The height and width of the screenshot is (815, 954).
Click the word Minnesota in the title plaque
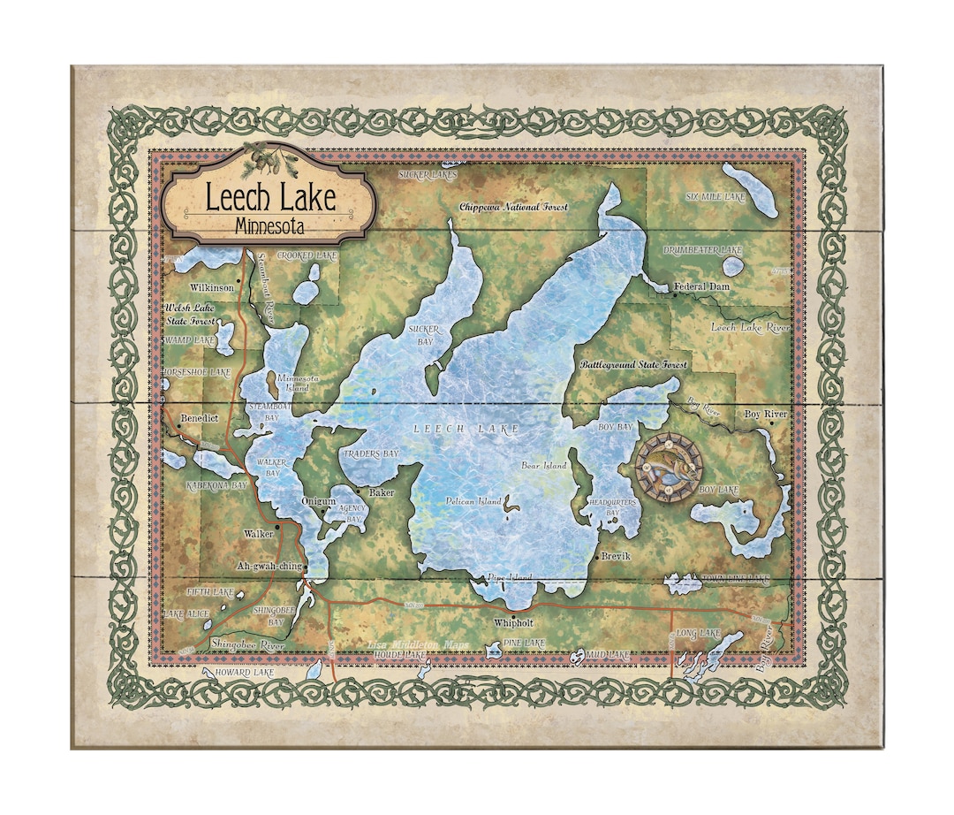[x=270, y=226]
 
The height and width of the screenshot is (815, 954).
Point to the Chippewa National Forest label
[x=513, y=207]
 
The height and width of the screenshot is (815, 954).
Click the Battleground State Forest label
[x=633, y=364]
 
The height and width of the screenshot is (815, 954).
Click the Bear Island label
[x=544, y=466]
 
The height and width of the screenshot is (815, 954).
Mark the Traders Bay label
[x=370, y=453]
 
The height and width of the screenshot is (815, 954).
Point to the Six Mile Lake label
[x=716, y=197]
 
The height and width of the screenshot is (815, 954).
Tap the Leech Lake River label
[x=751, y=328]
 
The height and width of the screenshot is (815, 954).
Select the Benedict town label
[x=198, y=418]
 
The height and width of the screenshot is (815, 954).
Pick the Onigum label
[x=318, y=501]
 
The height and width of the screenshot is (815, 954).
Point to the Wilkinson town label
[x=212, y=287]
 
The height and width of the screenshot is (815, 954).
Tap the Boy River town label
[x=765, y=414]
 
